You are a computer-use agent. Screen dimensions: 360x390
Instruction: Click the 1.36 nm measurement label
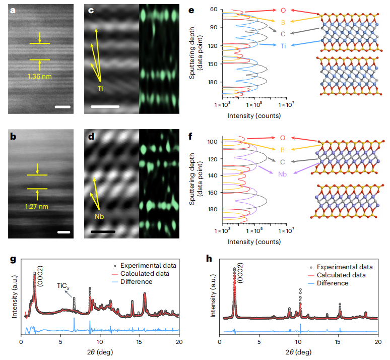point(39,77)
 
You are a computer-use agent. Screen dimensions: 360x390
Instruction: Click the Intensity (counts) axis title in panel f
point(254,242)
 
